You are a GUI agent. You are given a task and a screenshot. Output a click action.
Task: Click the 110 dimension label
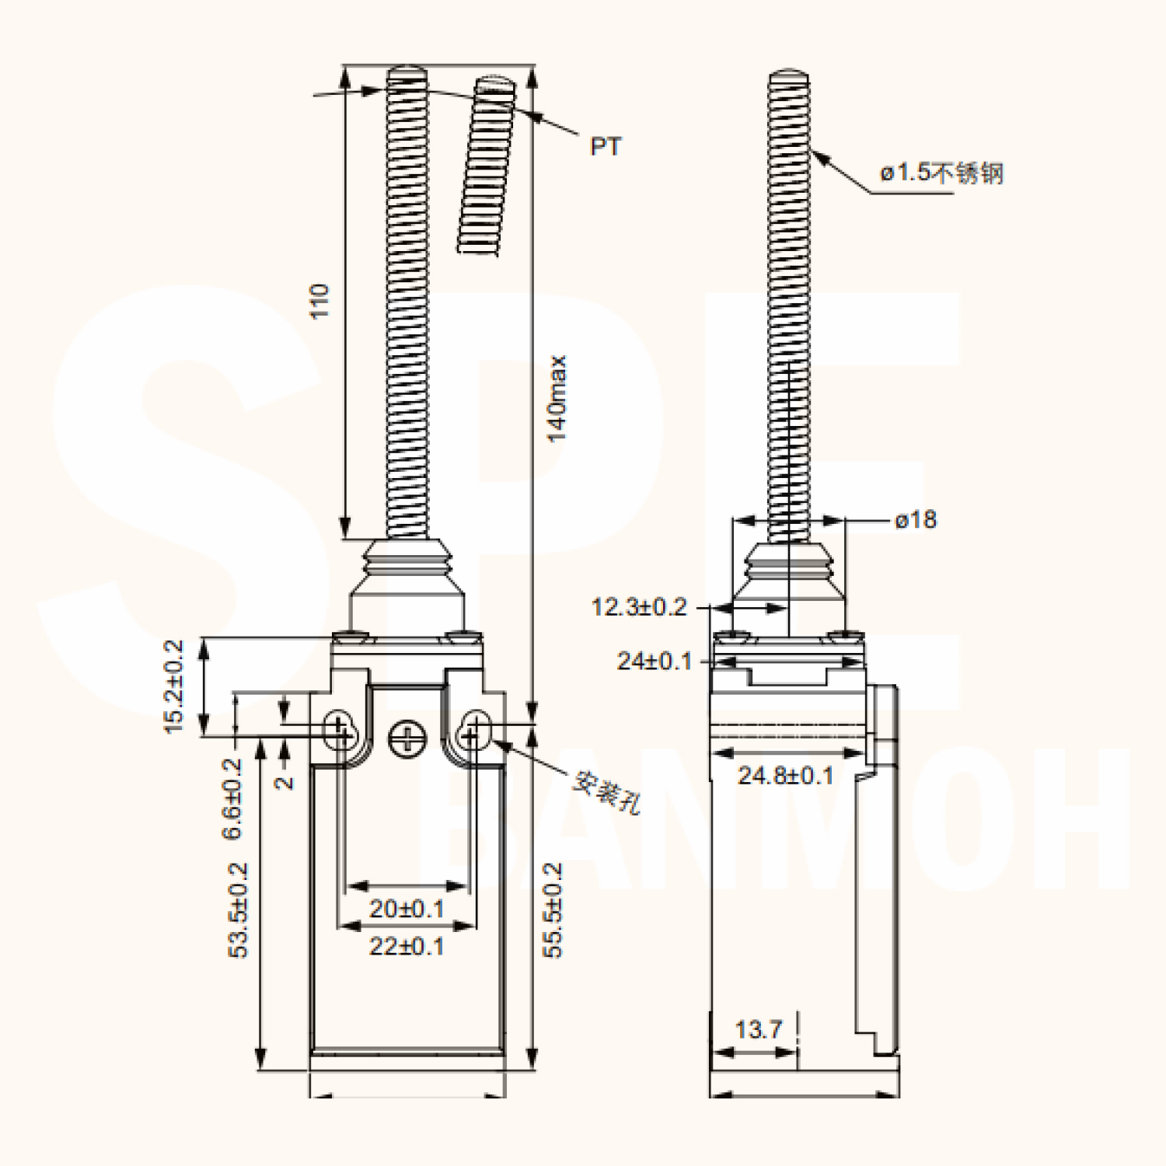click(320, 301)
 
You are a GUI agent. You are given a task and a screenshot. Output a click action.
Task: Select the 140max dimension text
click(557, 399)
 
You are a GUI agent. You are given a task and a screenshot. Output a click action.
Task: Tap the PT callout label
click(606, 147)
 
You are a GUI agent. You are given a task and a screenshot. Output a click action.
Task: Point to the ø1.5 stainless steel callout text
click(941, 173)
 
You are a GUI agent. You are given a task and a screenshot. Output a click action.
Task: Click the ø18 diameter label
click(916, 519)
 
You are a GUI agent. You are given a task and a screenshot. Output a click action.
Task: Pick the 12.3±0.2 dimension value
click(639, 606)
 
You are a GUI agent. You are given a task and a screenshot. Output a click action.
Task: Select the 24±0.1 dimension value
click(654, 661)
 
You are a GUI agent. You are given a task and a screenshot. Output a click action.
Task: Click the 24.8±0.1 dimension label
click(785, 775)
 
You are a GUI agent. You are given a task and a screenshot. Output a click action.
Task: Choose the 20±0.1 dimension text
click(407, 908)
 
